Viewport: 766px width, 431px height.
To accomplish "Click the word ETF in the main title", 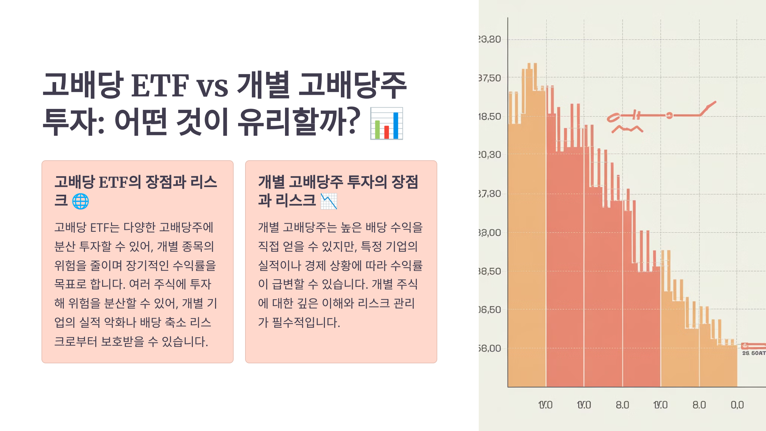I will [x=160, y=86].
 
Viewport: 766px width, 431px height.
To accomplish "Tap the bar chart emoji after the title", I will [x=387, y=124].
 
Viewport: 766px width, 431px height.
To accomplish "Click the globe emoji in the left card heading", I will [x=80, y=201].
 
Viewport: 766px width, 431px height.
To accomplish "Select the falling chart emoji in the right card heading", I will [x=329, y=201].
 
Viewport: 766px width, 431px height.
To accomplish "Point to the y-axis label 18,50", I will [x=490, y=117].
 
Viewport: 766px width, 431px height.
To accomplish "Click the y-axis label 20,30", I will [x=490, y=155].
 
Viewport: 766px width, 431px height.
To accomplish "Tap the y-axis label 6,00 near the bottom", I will [x=490, y=348].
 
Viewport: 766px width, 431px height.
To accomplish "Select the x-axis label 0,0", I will [x=737, y=405].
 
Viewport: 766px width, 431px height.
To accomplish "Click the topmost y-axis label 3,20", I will [x=490, y=39].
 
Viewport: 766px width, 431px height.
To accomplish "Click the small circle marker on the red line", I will [x=669, y=116].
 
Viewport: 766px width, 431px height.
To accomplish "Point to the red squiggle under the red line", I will [x=627, y=129].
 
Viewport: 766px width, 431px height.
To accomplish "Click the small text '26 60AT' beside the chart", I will [x=754, y=353].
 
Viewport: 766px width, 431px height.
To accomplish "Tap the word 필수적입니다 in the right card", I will [x=306, y=322].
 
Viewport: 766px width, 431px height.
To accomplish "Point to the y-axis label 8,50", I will [x=490, y=271].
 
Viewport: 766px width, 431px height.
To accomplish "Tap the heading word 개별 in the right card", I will [x=271, y=182].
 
